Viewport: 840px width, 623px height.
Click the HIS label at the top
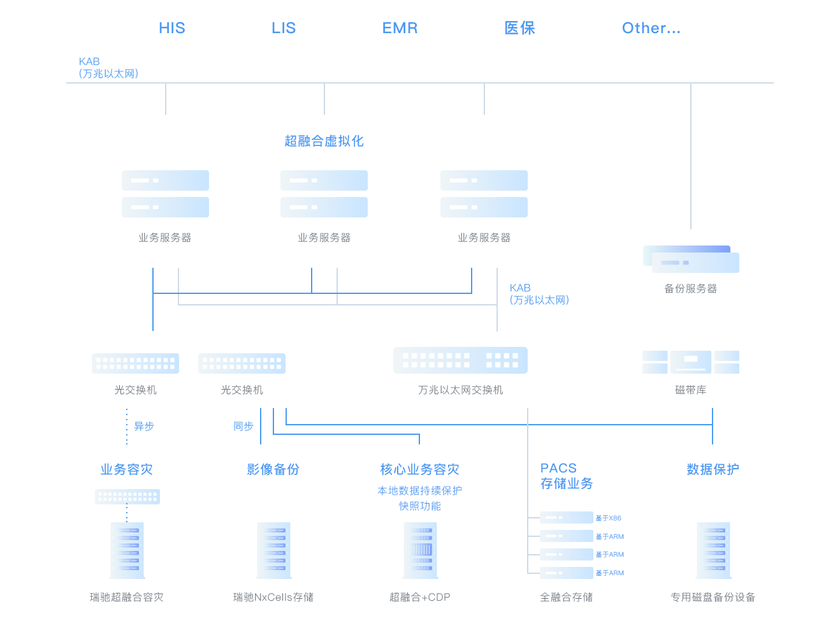[171, 28]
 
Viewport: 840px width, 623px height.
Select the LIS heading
[284, 28]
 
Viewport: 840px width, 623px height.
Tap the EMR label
[400, 28]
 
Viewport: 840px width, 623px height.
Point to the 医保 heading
[519, 28]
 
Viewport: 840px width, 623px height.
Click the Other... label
[651, 28]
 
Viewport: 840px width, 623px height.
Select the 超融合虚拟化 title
[324, 141]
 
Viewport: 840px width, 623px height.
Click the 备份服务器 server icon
[691, 260]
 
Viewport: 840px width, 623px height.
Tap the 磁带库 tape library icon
[691, 362]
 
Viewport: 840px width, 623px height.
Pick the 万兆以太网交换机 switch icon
[460, 360]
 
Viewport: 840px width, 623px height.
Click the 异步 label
[143, 426]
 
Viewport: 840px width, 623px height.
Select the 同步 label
[243, 426]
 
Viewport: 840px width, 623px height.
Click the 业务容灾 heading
[127, 469]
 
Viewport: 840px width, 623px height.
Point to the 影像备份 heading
[273, 469]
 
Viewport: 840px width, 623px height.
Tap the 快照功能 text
[420, 506]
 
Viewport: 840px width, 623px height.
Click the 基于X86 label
[608, 518]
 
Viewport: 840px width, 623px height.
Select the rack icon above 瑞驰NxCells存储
[274, 550]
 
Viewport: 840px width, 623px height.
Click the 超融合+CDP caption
[420, 597]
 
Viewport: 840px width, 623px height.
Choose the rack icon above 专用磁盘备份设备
[713, 550]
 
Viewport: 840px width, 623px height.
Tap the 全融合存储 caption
[567, 597]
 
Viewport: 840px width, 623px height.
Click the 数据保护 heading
[713, 469]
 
